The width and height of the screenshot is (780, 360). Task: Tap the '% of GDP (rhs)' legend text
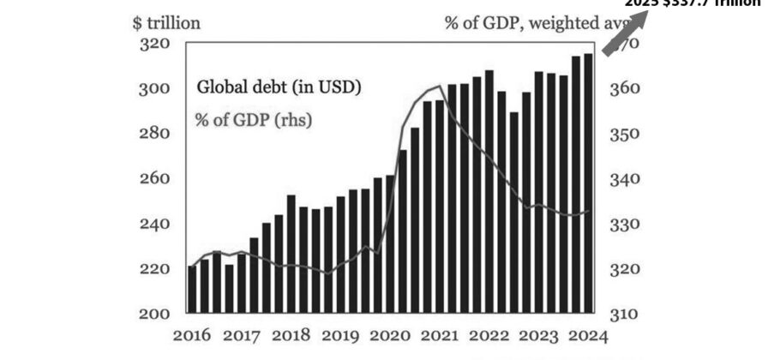tap(253, 119)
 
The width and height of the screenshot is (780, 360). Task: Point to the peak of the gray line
tap(439, 86)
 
